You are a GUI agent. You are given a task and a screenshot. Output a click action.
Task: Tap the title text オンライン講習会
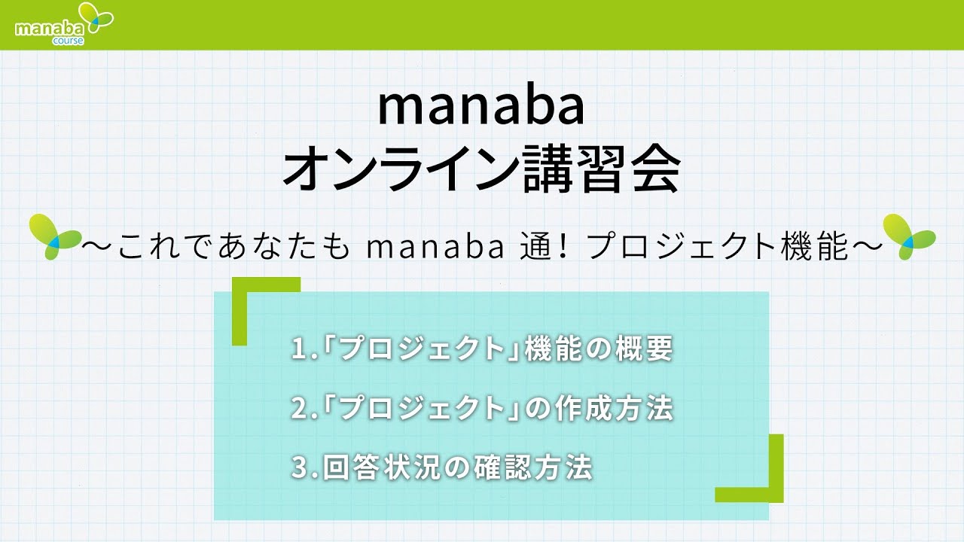coord(481,170)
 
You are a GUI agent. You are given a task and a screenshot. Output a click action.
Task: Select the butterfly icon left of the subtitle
coord(53,236)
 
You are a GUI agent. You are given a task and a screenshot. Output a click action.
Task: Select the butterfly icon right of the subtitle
coord(908,236)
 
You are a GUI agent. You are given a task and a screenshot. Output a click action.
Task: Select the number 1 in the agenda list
coord(298,350)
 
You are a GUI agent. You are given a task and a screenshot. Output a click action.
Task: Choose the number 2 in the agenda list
coord(298,410)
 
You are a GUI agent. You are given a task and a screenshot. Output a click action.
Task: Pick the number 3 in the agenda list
coord(298,468)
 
